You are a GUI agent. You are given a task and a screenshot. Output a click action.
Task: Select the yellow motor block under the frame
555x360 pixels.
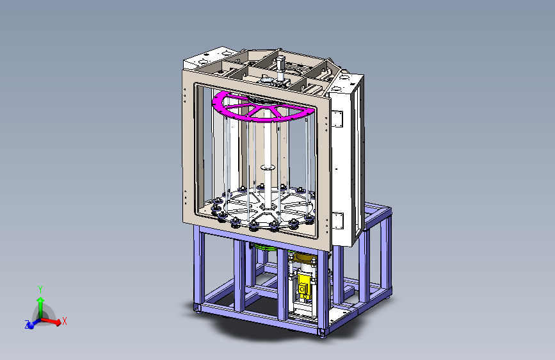pos(303,285)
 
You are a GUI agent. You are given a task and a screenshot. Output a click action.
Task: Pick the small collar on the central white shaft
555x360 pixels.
pos(268,168)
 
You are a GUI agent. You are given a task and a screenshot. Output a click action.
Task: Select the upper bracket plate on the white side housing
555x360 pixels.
pos(337,119)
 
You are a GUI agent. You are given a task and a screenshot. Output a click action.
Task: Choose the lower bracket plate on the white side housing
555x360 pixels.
pos(337,220)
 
